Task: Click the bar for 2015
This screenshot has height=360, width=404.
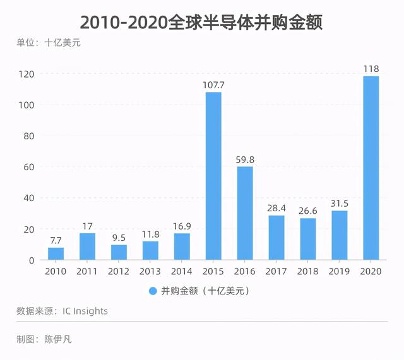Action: (x=213, y=176)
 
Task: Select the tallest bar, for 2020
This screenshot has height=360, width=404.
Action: (x=371, y=168)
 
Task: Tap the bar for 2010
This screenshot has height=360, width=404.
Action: (x=56, y=253)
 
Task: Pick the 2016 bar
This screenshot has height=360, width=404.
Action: (x=245, y=213)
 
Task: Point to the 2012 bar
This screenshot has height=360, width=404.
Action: (x=119, y=252)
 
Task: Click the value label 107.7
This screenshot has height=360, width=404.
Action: (x=213, y=85)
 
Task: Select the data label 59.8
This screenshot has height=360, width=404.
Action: (x=245, y=160)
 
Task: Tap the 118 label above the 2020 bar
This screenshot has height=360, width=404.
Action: (x=371, y=69)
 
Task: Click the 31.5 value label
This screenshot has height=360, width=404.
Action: (x=340, y=204)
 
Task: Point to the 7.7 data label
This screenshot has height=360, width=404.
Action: (x=56, y=241)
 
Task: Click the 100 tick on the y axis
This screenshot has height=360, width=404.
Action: (x=27, y=105)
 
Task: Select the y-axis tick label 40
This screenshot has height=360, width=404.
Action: (x=29, y=198)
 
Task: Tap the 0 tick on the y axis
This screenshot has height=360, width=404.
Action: (x=32, y=260)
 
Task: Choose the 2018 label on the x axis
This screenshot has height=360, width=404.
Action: (x=307, y=272)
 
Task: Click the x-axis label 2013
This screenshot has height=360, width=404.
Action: (x=150, y=272)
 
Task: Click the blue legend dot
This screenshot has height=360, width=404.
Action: (x=153, y=291)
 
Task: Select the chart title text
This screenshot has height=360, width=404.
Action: (x=201, y=23)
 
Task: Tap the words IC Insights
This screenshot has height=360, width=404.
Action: (x=85, y=311)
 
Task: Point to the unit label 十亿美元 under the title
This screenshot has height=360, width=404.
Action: (x=62, y=42)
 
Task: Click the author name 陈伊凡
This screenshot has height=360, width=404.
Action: (x=58, y=339)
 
